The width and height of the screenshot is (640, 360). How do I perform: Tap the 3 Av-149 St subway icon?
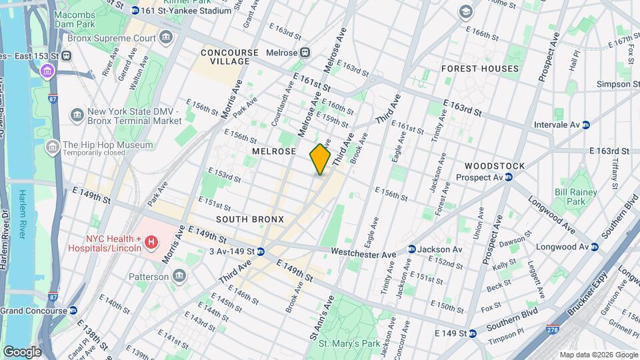[x=261, y=251]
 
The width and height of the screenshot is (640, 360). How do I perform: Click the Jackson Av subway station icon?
[x=412, y=249]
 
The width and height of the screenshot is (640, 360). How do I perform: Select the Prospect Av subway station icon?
[x=507, y=177]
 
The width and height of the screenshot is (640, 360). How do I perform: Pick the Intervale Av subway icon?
[x=585, y=125]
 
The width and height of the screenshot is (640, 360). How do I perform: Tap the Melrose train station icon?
[x=305, y=53]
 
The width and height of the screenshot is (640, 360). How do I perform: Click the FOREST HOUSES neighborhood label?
[x=479, y=69]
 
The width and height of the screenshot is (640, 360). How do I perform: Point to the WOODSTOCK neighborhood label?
[x=495, y=165]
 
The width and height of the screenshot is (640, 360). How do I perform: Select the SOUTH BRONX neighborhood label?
[x=250, y=219]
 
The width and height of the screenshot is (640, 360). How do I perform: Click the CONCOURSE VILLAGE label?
[x=225, y=57]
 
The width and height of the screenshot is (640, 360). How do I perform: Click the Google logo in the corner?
[x=21, y=351]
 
